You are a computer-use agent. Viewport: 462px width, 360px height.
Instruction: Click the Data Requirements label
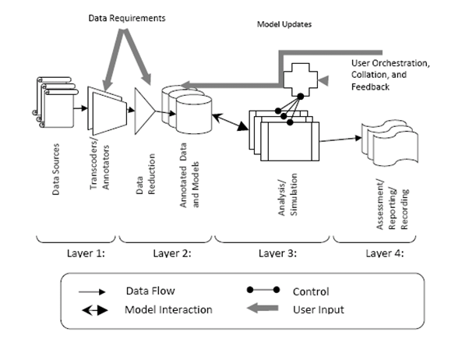pos(127,18)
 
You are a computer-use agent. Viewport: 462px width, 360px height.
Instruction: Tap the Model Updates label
pos(284,24)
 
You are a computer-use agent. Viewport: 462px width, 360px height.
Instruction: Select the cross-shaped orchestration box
pos(300,79)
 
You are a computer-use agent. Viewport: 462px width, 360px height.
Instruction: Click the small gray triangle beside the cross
pos(324,80)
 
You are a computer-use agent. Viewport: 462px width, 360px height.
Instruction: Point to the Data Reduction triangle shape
pos(144,111)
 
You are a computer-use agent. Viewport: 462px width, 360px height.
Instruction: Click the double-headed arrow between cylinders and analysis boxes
pos(230,122)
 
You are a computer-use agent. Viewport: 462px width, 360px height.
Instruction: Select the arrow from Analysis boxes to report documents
pos(340,139)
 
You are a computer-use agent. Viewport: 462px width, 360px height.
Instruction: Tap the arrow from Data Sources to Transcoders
pos(80,108)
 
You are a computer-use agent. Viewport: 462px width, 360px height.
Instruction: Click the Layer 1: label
pos(86,253)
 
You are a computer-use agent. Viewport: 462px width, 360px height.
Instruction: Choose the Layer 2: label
pos(172,253)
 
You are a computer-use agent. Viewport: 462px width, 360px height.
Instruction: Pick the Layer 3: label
pos(277,253)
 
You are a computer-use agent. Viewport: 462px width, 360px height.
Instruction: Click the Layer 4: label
pos(385,253)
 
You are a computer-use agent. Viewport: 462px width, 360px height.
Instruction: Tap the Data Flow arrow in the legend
pos(92,292)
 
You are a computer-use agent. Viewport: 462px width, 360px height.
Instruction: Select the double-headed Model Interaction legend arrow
pos(95,310)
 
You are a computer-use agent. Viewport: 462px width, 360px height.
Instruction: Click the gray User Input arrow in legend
pos(263,309)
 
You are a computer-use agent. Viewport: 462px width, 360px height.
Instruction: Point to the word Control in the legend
pos(311,291)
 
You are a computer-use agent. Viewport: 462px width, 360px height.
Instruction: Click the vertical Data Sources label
pos(55,169)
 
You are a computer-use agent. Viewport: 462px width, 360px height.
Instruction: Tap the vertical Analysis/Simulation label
pos(287,195)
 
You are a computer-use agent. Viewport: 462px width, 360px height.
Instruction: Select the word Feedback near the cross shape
pos(370,87)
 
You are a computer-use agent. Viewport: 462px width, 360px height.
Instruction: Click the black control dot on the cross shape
pos(300,97)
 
